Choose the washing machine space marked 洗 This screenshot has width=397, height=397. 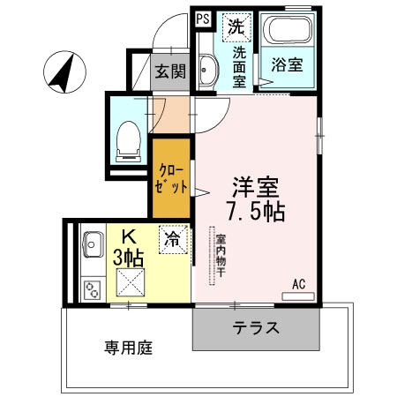[x=236, y=26]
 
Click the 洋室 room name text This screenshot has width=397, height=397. [x=256, y=187]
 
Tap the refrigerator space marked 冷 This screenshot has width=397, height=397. [x=174, y=238]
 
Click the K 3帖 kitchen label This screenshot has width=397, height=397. [x=130, y=248]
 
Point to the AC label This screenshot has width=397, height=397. [x=298, y=284]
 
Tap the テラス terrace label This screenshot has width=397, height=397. [x=257, y=329]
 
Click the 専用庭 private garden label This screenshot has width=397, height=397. [x=124, y=348]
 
